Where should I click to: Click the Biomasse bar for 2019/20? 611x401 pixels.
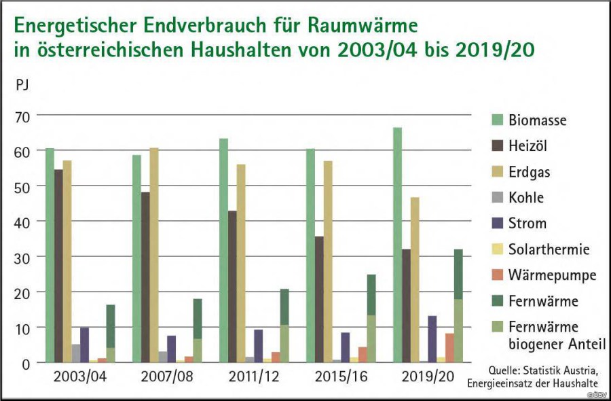[x=397, y=245]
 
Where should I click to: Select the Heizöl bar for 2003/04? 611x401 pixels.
[x=58, y=266]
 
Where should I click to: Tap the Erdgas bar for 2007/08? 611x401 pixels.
[x=154, y=255]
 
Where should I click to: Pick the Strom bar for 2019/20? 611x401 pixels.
[x=432, y=339]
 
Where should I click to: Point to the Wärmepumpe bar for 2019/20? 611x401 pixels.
[x=449, y=348]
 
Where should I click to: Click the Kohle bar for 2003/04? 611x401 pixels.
[x=76, y=353]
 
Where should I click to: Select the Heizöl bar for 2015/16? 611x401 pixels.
[x=319, y=299]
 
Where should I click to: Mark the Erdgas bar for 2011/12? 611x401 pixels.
[x=241, y=263]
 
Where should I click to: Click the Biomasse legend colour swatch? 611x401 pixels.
[x=497, y=120]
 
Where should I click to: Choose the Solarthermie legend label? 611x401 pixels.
[x=549, y=249]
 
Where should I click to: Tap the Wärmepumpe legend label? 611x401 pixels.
[x=552, y=275]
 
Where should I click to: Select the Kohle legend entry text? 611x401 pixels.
[x=526, y=197]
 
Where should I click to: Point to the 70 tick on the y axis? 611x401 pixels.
[x=22, y=117]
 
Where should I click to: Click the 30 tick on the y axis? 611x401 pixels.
[x=22, y=258]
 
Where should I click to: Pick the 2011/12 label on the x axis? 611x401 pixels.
[x=254, y=377]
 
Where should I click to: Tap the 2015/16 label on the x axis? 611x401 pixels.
[x=341, y=377]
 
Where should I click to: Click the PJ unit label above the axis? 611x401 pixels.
[x=22, y=85]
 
